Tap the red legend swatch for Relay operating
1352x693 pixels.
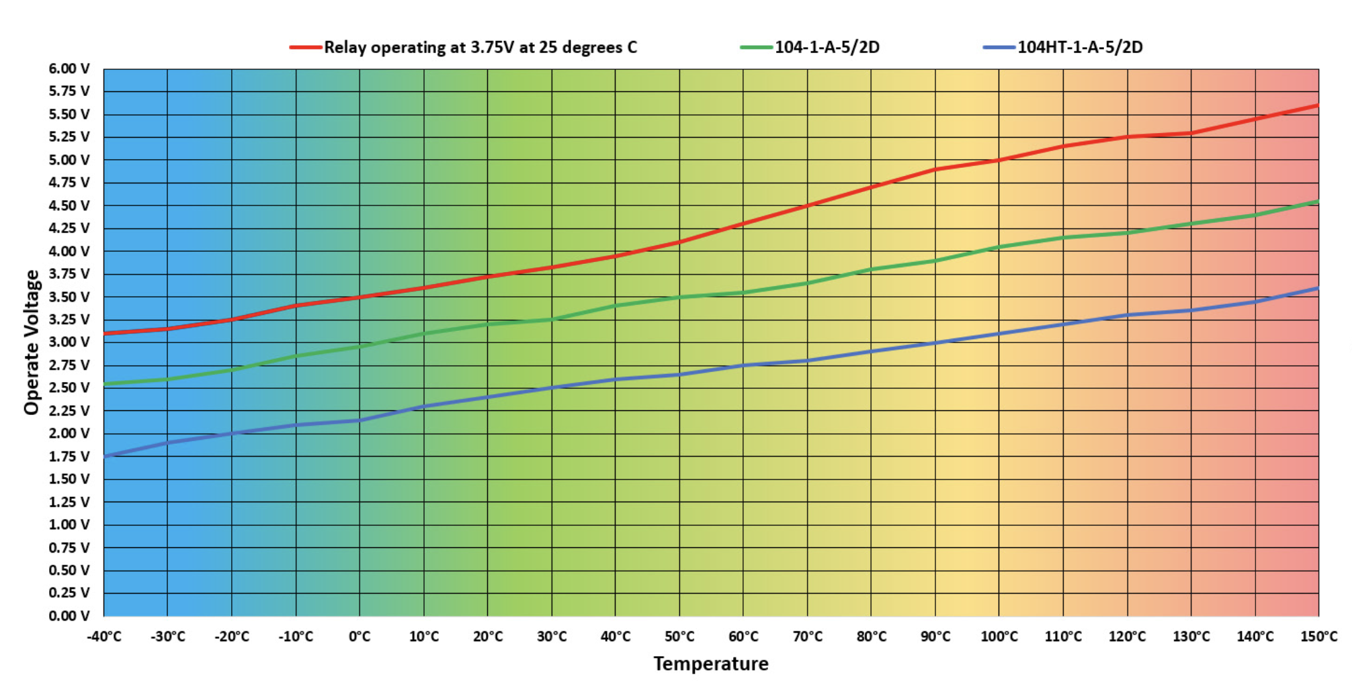pyautogui.click(x=306, y=47)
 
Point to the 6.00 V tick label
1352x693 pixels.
pyautogui.click(x=69, y=68)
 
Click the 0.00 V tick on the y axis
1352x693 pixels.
pyautogui.click(x=69, y=616)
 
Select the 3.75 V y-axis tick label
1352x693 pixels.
pyautogui.click(x=69, y=274)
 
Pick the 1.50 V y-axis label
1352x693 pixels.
pyautogui.click(x=69, y=479)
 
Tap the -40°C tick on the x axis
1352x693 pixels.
pyautogui.click(x=104, y=637)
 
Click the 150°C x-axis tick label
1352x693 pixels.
pyautogui.click(x=1318, y=637)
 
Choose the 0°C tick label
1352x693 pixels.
pyautogui.click(x=360, y=637)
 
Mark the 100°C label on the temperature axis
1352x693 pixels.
pyautogui.click(x=999, y=637)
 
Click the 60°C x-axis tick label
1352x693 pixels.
pyautogui.click(x=743, y=637)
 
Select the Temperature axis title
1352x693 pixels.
pyautogui.click(x=711, y=664)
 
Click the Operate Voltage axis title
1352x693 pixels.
pyautogui.click(x=32, y=342)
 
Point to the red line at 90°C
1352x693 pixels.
pyautogui.click(x=935, y=169)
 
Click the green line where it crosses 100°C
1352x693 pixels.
pyautogui.click(x=999, y=246)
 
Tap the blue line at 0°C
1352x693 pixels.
pyautogui.click(x=360, y=420)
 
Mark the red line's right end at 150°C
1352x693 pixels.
pyautogui.click(x=1317, y=105)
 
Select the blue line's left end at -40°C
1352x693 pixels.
pyautogui.click(x=105, y=456)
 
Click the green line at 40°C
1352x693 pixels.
pyautogui.click(x=616, y=306)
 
